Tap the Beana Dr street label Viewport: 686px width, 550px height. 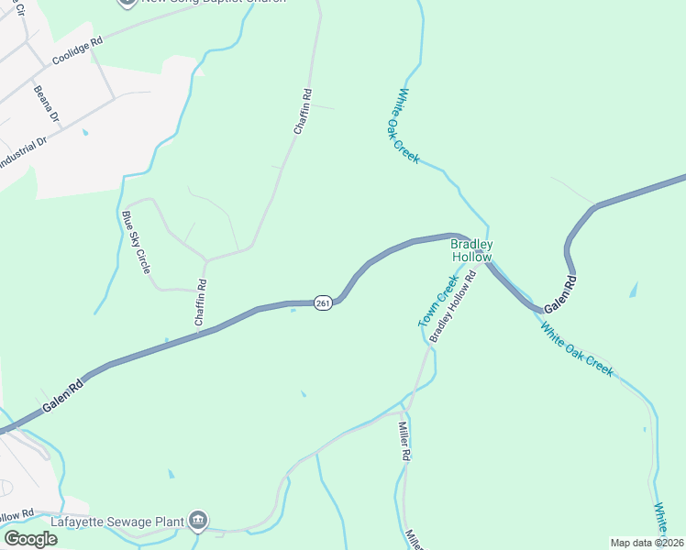tap(46, 105)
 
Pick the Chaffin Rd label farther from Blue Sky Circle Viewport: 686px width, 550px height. tap(304, 112)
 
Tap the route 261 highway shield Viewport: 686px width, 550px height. tap(322, 303)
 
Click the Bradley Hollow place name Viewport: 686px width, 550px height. tap(472, 250)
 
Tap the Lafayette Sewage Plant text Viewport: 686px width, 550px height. tap(118, 521)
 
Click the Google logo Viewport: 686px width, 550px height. tap(30, 539)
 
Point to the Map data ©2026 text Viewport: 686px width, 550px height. tap(647, 543)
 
